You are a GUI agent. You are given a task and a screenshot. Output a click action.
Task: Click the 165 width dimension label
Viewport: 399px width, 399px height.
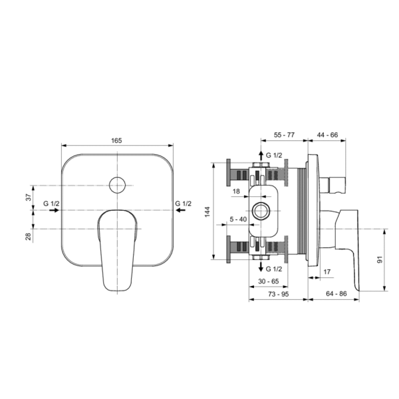pos(116,140)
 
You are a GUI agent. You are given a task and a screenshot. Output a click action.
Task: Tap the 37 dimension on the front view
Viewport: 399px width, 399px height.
pos(29,198)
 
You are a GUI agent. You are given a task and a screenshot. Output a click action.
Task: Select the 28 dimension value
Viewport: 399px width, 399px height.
pos(29,236)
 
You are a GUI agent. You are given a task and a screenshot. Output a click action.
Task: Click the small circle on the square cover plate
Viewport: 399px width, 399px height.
pos(117,185)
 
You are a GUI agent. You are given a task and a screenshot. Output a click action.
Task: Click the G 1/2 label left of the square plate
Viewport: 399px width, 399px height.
pos(51,203)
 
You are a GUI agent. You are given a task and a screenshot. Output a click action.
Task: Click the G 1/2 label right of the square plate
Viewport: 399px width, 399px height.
pos(184,203)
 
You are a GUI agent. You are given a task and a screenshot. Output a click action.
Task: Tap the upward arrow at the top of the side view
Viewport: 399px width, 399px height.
pos(261,155)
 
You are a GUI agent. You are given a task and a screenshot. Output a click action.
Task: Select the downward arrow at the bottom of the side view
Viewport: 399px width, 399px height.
pos(261,267)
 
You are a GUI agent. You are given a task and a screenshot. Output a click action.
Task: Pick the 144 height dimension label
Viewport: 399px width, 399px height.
pos(207,211)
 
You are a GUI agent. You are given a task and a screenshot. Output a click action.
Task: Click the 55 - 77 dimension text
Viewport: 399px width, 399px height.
pos(284,135)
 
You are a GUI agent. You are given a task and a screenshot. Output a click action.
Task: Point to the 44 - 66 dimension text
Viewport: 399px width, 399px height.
pos(327,134)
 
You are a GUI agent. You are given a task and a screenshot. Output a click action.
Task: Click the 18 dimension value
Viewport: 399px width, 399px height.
pos(236,191)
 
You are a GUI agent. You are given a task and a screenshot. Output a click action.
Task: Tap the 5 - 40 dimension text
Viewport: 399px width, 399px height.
pos(238,219)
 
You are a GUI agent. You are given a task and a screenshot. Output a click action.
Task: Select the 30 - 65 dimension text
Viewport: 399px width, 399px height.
pos(269,281)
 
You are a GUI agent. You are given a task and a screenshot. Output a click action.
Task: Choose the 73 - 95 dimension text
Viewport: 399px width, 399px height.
pos(279,294)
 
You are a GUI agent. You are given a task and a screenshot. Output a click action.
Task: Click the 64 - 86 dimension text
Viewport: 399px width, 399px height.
pos(336,294)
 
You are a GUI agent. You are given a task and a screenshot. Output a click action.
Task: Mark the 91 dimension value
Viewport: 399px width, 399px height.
pos(380,259)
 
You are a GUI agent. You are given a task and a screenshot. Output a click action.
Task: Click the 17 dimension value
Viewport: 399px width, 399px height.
pos(327,272)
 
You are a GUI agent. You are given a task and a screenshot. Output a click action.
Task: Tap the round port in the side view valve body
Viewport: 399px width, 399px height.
pos(260,211)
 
